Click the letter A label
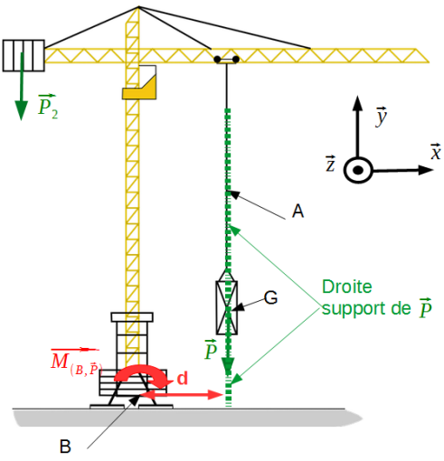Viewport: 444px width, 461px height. pyautogui.click(x=298, y=211)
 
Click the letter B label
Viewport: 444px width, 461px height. pyautogui.click(x=65, y=447)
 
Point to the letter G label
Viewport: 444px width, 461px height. pyautogui.click(x=270, y=297)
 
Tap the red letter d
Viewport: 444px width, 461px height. pyautogui.click(x=183, y=378)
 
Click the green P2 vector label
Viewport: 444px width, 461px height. pyautogui.click(x=48, y=107)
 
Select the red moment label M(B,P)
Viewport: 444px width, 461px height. pyautogui.click(x=77, y=362)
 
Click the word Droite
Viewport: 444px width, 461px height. pyautogui.click(x=347, y=287)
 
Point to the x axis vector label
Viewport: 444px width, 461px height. pyautogui.click(x=436, y=151)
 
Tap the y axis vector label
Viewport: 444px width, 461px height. pyautogui.click(x=382, y=116)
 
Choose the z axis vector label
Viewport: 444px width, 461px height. pyautogui.click(x=330, y=164)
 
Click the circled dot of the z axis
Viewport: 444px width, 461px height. pyautogui.click(x=358, y=170)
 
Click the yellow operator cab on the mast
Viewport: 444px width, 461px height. pyautogui.click(x=139, y=82)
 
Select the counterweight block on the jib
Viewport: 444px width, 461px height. pyautogui.click(x=24, y=56)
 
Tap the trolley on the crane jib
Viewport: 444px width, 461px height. pyautogui.click(x=227, y=60)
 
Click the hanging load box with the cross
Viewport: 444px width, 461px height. pyautogui.click(x=227, y=307)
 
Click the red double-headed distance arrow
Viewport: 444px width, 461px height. pyautogui.click(x=181, y=394)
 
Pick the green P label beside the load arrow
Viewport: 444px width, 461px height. pyautogui.click(x=211, y=350)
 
